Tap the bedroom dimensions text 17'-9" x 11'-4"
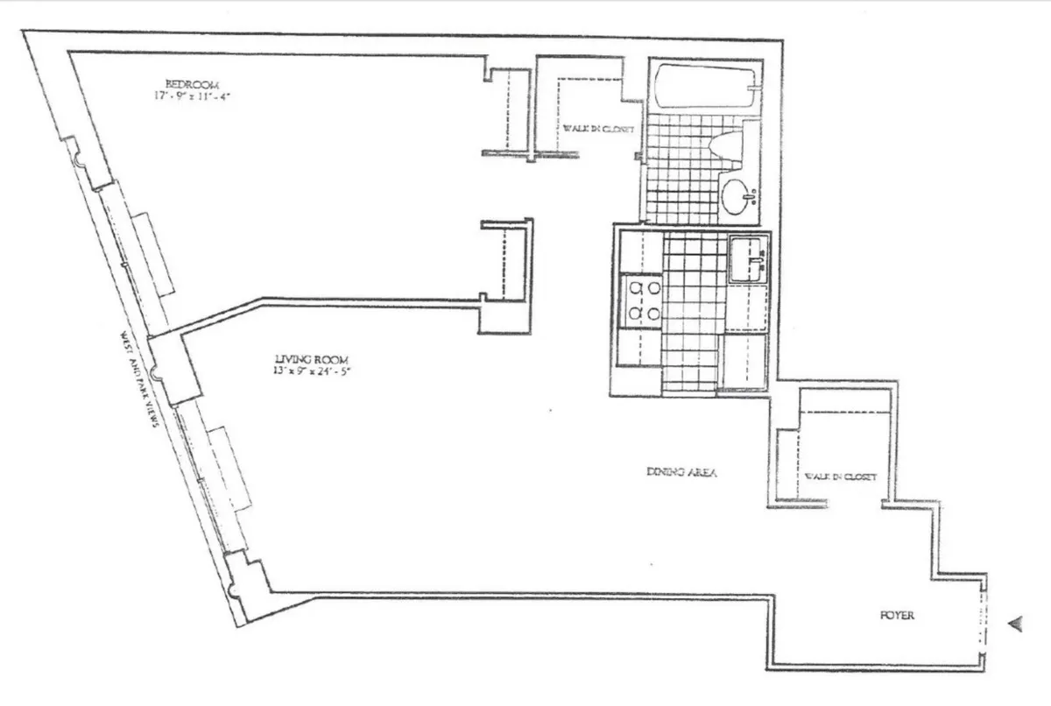coord(191,95)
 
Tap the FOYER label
coord(897,616)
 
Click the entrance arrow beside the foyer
coord(1016,624)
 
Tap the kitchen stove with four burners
coord(641,300)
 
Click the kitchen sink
coord(747,260)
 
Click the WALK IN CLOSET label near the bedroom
coord(599,131)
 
